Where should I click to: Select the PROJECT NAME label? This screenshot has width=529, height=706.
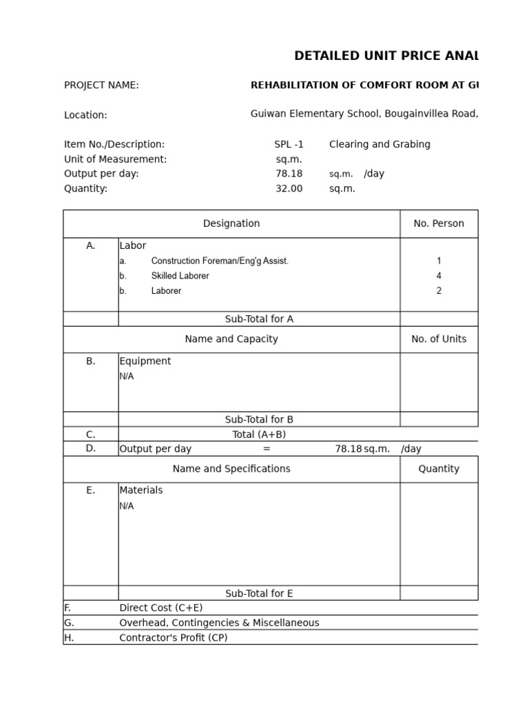pyautogui.click(x=101, y=85)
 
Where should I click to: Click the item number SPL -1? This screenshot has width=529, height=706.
pyautogui.click(x=289, y=145)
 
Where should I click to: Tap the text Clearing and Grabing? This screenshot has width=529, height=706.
pyautogui.click(x=380, y=145)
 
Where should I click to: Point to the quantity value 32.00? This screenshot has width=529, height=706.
pyautogui.click(x=289, y=189)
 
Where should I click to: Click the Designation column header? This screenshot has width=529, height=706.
pyautogui.click(x=231, y=224)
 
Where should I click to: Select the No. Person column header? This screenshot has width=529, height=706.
pyautogui.click(x=439, y=224)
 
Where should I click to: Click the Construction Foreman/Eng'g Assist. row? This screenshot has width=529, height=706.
pyautogui.click(x=219, y=261)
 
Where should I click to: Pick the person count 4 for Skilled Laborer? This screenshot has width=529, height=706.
pyautogui.click(x=439, y=276)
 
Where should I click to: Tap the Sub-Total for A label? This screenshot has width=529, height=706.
pyautogui.click(x=259, y=319)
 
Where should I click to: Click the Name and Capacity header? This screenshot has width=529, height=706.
pyautogui.click(x=231, y=339)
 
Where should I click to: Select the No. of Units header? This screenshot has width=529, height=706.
pyautogui.click(x=439, y=339)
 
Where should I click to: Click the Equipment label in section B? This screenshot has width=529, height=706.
pyautogui.click(x=145, y=361)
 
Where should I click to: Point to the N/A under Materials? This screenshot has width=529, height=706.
pyautogui.click(x=127, y=506)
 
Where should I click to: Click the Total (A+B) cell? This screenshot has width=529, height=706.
pyautogui.click(x=259, y=434)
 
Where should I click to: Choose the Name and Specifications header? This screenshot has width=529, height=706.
pyautogui.click(x=231, y=469)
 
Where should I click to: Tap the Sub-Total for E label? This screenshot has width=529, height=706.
pyautogui.click(x=259, y=594)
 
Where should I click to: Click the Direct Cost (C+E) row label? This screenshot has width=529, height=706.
pyautogui.click(x=161, y=608)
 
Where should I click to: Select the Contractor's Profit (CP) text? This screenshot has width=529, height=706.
pyautogui.click(x=174, y=638)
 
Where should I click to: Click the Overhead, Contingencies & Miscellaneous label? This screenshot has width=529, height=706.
pyautogui.click(x=219, y=623)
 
